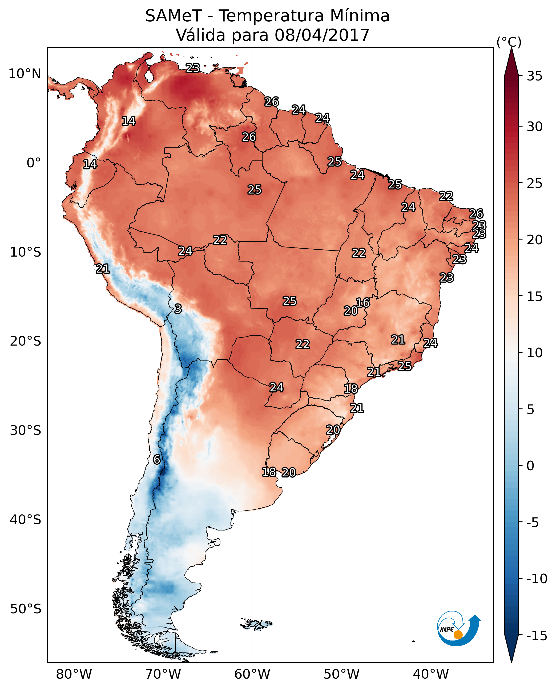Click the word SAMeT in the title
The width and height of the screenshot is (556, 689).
tap(173, 16)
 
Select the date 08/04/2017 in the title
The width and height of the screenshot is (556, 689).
tap(322, 35)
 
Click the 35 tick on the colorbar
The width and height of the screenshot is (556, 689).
tap(534, 76)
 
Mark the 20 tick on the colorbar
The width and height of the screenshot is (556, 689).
tap(534, 240)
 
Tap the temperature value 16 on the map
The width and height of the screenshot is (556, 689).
tap(363, 303)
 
